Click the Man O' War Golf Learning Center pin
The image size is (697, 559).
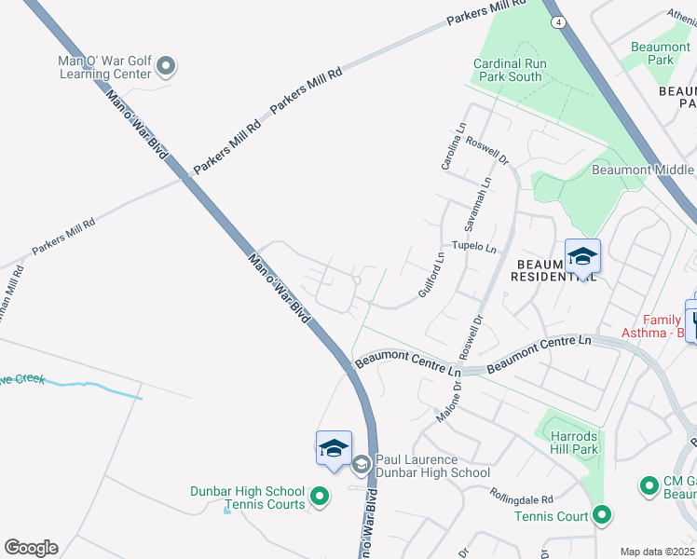(x=166, y=65)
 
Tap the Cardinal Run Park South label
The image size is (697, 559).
(x=511, y=70)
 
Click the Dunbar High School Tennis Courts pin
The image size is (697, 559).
(x=320, y=497)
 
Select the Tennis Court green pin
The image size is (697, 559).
(x=601, y=513)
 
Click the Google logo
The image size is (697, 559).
(x=31, y=548)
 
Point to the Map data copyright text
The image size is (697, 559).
(x=658, y=552)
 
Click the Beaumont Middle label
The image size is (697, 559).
(x=643, y=170)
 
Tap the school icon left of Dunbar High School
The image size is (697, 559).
(x=334, y=448)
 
